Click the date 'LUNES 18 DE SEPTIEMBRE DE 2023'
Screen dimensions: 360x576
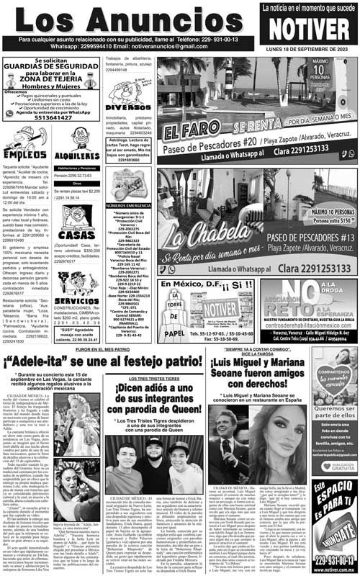point(309,48)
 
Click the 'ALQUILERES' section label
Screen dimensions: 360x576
point(77,156)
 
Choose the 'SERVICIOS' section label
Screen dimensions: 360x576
point(76,300)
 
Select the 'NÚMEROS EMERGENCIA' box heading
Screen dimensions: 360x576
point(129,206)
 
